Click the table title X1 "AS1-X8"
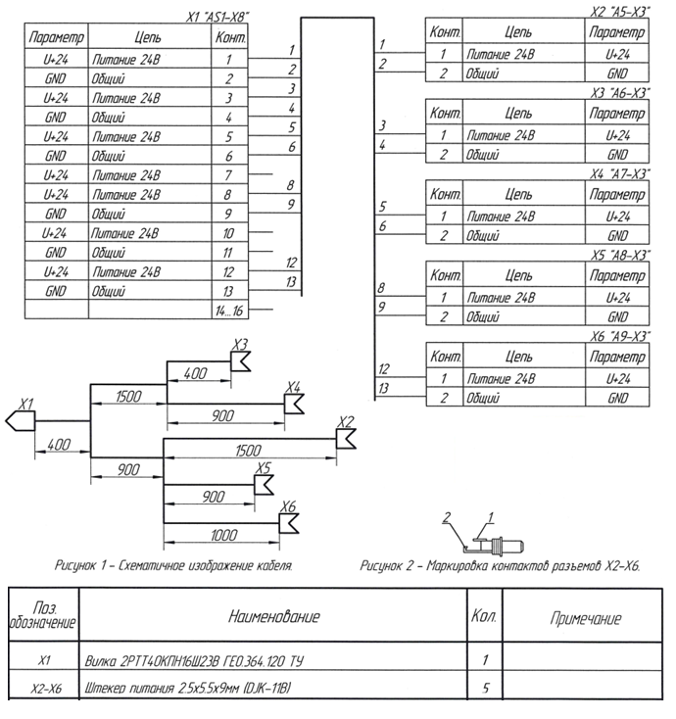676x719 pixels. [x=217, y=18]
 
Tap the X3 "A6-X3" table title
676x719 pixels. [x=621, y=91]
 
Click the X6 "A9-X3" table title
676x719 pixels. [x=621, y=334]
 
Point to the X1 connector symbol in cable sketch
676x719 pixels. [x=22, y=420]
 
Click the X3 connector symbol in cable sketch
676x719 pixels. [x=240, y=363]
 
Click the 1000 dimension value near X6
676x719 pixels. [x=224, y=536]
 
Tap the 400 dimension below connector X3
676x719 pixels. [x=197, y=374]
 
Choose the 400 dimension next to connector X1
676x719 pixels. [x=61, y=445]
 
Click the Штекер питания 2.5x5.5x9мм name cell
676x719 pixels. [x=196, y=688]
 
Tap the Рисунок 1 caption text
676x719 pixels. [x=175, y=566]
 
